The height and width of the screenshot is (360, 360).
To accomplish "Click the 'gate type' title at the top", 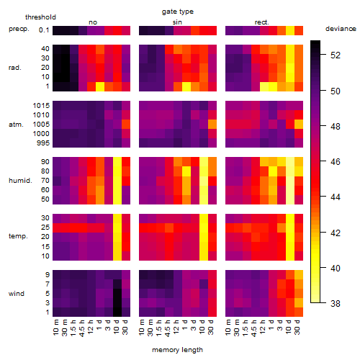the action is click(x=178, y=12).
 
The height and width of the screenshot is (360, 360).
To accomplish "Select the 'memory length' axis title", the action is click(x=177, y=350).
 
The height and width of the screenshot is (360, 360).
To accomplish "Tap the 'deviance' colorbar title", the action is click(x=341, y=29).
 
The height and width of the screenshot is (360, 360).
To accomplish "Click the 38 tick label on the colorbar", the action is click(x=336, y=303).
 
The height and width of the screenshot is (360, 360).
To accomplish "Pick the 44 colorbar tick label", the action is click(x=336, y=197).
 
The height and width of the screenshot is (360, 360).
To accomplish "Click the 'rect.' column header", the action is click(x=261, y=22).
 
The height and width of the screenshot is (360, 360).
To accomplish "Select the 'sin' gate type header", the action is click(x=177, y=22).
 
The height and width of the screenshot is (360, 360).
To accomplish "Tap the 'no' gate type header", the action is click(x=93, y=22).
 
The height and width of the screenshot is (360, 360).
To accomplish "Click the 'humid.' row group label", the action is click(x=20, y=181).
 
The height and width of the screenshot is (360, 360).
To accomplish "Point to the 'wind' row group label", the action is click(x=17, y=294).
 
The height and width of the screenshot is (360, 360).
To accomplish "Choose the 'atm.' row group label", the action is click(x=16, y=125).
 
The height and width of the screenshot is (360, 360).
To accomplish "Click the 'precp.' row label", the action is click(x=19, y=30).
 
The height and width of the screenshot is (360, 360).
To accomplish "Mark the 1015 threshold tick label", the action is click(x=41, y=106).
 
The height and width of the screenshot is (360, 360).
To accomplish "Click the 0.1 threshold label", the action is click(x=44, y=30).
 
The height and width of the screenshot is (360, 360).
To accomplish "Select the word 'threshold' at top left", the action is click(x=40, y=17).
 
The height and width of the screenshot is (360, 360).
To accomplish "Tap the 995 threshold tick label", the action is click(x=43, y=143).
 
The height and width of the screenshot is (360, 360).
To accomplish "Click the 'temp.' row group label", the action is click(x=18, y=236).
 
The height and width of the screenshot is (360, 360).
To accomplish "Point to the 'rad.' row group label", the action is click(x=15, y=68).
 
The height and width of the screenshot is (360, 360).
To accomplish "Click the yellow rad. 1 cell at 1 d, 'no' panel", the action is click(x=100, y=86).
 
